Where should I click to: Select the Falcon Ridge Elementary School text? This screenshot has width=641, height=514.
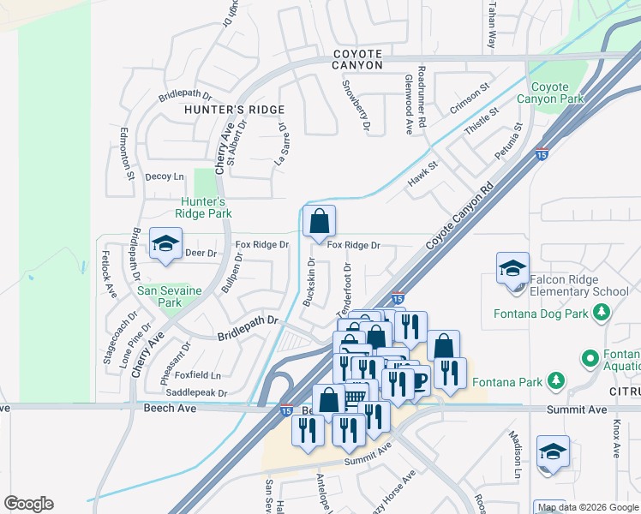(578, 285)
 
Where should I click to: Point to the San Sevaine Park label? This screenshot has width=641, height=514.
(170, 296)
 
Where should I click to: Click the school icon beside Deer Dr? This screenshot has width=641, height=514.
(166, 243)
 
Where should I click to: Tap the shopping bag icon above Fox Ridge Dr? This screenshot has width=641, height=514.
(319, 222)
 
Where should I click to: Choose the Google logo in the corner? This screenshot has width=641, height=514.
(28, 504)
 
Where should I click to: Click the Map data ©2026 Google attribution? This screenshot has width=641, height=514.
(586, 507)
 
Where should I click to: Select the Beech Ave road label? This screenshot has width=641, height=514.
(170, 409)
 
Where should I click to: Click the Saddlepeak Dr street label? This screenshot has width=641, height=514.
(196, 393)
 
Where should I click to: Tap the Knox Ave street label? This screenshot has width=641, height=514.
(616, 438)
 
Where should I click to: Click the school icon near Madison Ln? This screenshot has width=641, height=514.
(553, 452)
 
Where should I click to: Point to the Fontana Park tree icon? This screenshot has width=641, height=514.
(556, 379)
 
